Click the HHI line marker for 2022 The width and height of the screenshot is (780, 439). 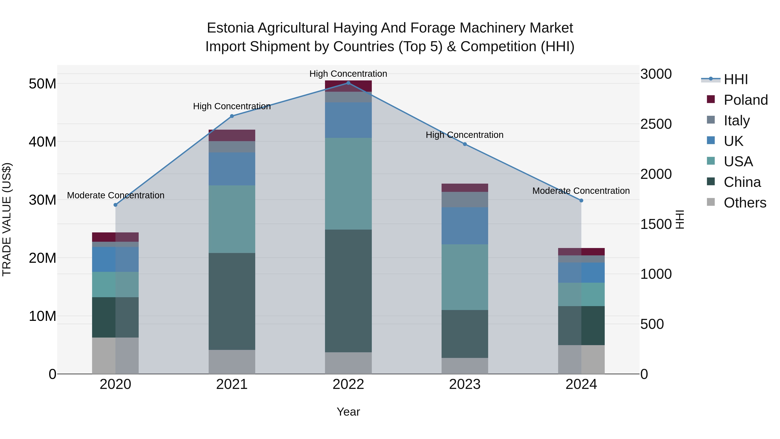348,83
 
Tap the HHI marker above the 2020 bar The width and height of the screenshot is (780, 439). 115,205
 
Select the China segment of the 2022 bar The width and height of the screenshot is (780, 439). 348,291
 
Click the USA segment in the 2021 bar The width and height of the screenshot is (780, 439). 232,219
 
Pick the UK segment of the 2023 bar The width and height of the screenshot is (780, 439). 465,226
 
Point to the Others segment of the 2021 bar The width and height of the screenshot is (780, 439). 232,362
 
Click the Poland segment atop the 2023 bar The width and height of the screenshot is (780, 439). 465,188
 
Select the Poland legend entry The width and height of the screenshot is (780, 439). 746,100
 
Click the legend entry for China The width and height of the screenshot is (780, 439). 742,182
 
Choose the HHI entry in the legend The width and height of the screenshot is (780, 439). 736,79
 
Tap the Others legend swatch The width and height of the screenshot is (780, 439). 711,202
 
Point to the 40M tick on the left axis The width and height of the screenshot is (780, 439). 42,142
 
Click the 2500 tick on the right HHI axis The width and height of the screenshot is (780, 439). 656,124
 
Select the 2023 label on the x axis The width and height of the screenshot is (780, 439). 465,384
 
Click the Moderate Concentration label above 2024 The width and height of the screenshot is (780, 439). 581,191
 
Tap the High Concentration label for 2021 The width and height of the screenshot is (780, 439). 232,106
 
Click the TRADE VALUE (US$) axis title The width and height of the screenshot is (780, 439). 7,219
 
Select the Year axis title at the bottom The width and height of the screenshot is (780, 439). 348,412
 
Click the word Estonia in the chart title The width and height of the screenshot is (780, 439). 230,28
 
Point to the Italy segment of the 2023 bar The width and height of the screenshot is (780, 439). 465,200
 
